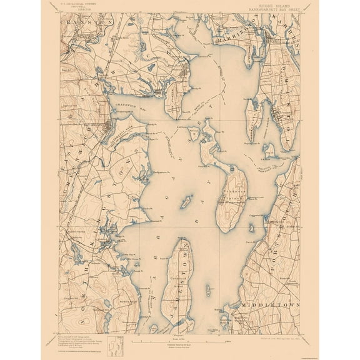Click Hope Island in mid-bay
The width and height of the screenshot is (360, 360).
pyautogui.click(x=185, y=203)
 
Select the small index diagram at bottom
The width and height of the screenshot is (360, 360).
pyautogui.click(x=114, y=343)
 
